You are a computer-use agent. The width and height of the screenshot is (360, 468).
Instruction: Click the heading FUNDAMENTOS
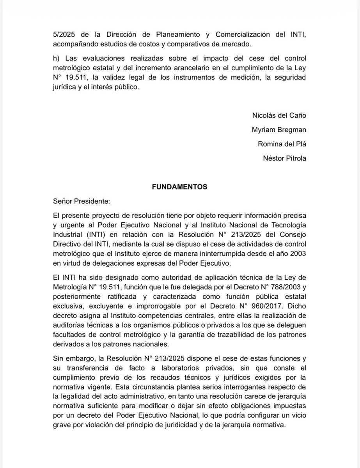tap(179, 187)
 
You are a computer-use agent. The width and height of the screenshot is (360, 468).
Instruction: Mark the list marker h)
tap(57, 58)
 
